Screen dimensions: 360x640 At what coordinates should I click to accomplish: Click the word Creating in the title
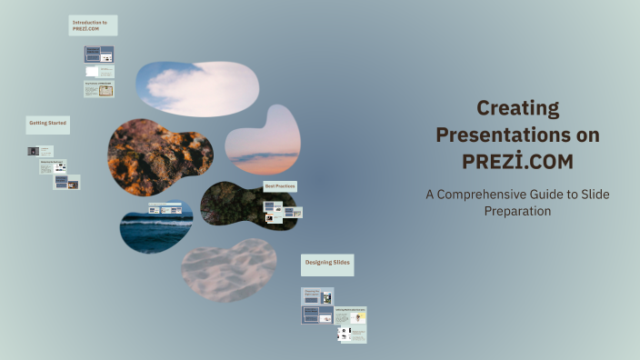tap(517, 108)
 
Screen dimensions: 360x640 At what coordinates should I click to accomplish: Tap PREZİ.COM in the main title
tap(517, 162)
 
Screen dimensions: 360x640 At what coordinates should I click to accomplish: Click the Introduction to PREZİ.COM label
tap(92, 25)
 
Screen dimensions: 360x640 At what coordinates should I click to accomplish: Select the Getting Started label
tap(47, 123)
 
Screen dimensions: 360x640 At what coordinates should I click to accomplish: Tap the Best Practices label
tap(280, 186)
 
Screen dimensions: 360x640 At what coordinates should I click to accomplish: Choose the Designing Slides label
tap(327, 263)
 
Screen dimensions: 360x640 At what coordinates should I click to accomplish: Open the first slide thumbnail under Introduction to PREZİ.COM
tap(98, 54)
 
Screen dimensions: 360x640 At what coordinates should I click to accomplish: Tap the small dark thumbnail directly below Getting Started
tap(34, 151)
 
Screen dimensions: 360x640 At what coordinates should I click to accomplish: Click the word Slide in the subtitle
tap(595, 195)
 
